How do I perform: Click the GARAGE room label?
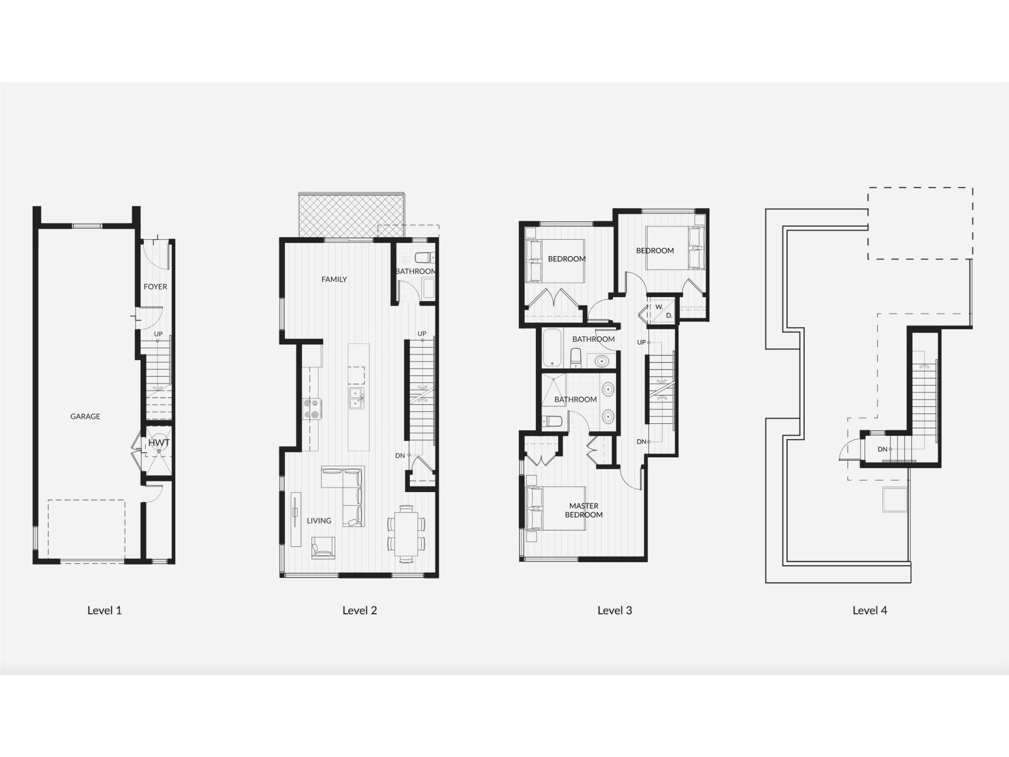tap(85, 416)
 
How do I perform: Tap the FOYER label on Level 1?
tap(155, 286)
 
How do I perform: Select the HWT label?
tap(158, 443)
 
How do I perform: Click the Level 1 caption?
tap(104, 610)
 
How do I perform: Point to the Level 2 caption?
tap(359, 610)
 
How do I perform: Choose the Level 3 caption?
tap(614, 610)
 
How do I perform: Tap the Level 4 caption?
tap(870, 610)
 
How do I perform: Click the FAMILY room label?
tap(334, 279)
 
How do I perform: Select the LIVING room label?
tap(319, 520)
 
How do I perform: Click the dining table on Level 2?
tap(405, 534)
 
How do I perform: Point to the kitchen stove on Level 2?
tap(313, 408)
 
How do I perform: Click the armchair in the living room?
tap(323, 546)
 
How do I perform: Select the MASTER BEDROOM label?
tap(584, 510)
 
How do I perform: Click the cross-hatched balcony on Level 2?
tap(351, 216)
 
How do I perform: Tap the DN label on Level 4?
tap(883, 449)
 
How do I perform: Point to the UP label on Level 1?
tap(158, 334)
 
